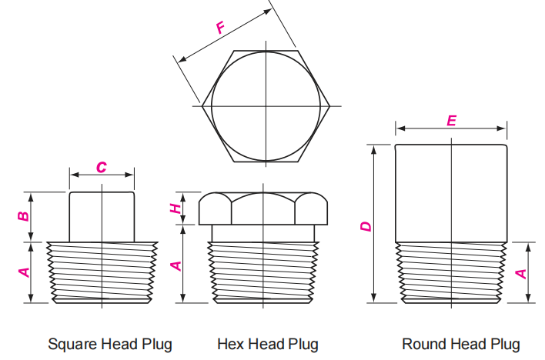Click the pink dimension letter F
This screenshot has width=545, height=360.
click(221, 28)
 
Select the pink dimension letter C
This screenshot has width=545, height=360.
click(102, 167)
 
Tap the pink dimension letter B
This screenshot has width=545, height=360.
click(23, 216)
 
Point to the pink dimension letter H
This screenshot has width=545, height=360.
click(176, 208)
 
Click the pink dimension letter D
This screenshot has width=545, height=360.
click(366, 227)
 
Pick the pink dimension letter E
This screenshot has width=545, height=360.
click(451, 121)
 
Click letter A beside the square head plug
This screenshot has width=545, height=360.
click(25, 272)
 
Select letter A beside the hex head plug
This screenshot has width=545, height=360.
click(176, 266)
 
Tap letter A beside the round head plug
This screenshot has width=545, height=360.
click(521, 274)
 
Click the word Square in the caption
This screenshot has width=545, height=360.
click(72, 345)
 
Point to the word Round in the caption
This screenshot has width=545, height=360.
click(424, 344)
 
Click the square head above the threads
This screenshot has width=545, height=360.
click(102, 217)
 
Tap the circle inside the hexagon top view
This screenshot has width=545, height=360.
click(212, 106)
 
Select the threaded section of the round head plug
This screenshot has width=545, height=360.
click(451, 273)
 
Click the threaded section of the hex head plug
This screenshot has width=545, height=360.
click(263, 273)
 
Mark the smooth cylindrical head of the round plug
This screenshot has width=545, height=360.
click(451, 193)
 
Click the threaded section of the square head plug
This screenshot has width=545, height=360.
click(102, 273)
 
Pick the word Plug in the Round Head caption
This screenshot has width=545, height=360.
click(505, 345)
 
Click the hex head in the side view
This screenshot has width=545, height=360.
click(263, 208)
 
